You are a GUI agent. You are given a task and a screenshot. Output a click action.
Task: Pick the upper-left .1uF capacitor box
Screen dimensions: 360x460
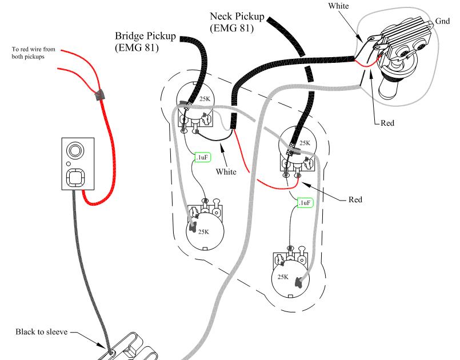202,157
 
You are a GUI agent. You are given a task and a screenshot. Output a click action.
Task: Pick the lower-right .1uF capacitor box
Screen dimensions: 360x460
305,202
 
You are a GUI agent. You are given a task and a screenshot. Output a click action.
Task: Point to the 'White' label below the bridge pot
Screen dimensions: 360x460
227,171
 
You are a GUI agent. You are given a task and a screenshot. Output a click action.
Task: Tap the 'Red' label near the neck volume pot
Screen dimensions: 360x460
355,199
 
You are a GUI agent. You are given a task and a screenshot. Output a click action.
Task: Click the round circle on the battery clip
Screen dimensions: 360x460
74,151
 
